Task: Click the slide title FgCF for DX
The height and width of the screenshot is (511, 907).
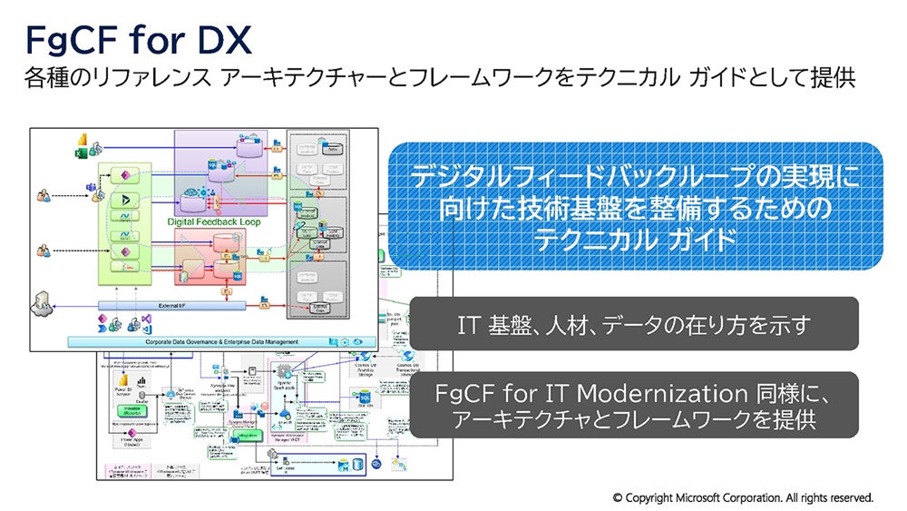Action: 137,40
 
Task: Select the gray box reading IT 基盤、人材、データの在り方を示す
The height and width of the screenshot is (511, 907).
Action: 634,324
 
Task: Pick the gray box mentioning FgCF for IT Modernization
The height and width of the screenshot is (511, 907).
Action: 634,406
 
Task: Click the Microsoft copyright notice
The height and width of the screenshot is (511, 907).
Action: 743,497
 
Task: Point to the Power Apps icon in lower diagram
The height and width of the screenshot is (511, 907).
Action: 127,438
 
